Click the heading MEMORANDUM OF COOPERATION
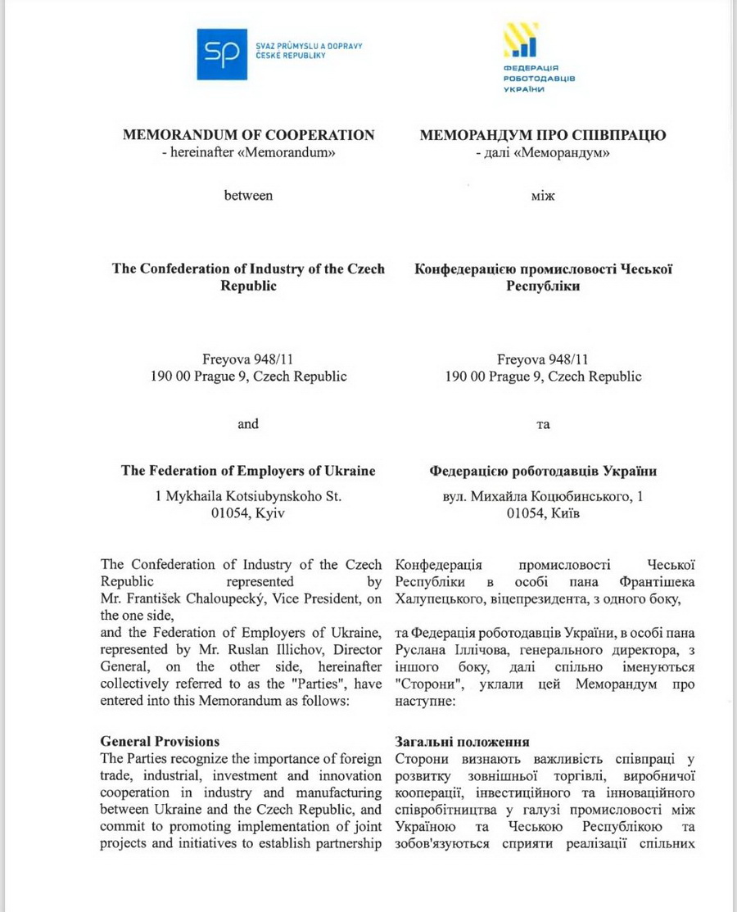(x=248, y=135)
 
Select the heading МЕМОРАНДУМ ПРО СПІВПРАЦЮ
(x=542, y=135)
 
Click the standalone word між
(x=542, y=196)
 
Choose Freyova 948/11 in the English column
(x=248, y=359)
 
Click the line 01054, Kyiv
(x=248, y=513)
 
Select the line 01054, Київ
(x=543, y=513)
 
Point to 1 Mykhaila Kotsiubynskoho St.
(x=248, y=495)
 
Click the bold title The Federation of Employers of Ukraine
(x=248, y=471)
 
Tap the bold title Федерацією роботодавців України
(x=542, y=471)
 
